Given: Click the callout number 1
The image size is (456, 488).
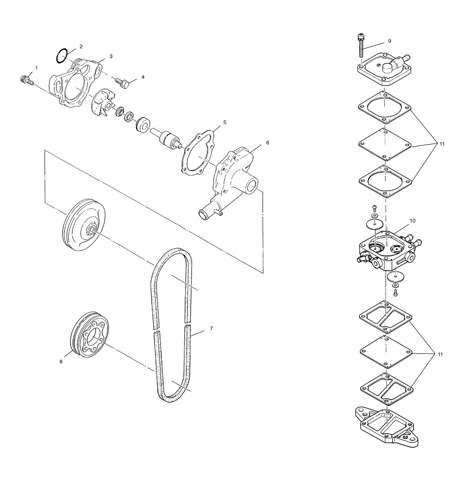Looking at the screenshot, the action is [36, 68].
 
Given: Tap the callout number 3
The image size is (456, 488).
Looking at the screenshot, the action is [111, 57].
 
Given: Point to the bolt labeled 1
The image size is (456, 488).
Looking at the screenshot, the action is [26, 80].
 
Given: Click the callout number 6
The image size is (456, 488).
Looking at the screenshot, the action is [267, 143].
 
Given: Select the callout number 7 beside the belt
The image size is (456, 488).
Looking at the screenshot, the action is [211, 328].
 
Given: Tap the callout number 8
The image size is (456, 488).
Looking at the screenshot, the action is [61, 361].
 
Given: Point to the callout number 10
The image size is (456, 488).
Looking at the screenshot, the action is [412, 221].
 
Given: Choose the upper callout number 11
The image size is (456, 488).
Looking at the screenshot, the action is [442, 144].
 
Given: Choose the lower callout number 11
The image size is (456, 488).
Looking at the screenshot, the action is [440, 354].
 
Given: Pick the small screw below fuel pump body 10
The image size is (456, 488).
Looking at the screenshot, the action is [396, 292].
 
